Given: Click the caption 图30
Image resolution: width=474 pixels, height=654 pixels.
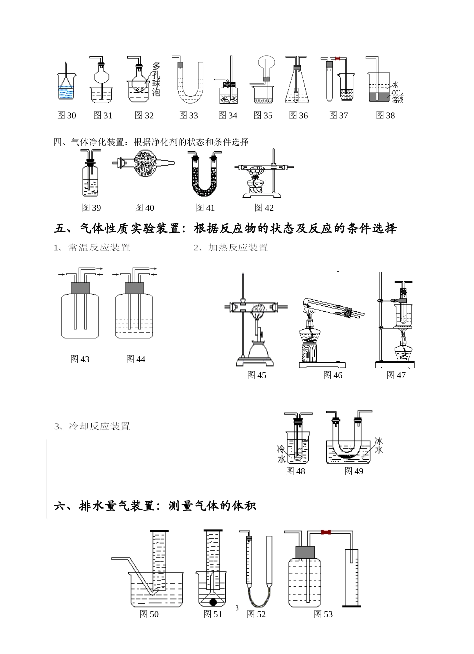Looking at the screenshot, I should [x=67, y=116].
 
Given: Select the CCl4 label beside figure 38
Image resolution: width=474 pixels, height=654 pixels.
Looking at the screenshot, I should [x=397, y=93].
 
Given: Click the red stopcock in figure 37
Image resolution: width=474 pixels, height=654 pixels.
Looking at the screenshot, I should [x=338, y=59].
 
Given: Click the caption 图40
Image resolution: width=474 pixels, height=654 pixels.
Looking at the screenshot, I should [x=145, y=208].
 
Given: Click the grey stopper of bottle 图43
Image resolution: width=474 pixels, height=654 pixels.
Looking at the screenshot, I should [x=80, y=288].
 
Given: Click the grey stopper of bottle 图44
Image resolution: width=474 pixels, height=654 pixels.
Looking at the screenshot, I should [x=134, y=288].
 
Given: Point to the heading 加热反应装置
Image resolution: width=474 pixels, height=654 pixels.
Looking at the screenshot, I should [x=237, y=248].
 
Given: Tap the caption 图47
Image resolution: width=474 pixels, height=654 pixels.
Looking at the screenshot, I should [x=396, y=375].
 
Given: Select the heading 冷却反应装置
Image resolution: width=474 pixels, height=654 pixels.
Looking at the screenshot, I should [x=99, y=426].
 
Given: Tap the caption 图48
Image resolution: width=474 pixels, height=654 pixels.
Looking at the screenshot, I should [x=295, y=471].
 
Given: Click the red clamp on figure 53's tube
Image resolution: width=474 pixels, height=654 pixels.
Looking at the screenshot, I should [x=327, y=532].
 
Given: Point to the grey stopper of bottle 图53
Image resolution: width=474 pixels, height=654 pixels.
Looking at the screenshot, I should [x=305, y=552].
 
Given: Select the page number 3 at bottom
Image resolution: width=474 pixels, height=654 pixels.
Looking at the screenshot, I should [x=237, y=608].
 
